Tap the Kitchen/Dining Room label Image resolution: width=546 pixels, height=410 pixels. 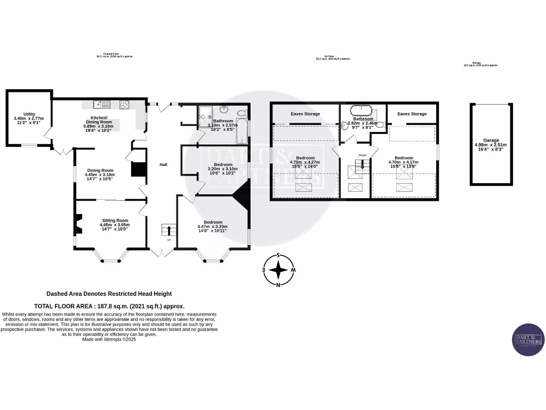pos(99,120)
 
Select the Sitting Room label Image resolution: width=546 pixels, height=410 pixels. pos(115,220)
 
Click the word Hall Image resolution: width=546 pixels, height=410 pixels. pos(163,164)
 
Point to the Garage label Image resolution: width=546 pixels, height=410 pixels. pos(491,140)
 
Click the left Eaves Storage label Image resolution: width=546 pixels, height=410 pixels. pos(306,114)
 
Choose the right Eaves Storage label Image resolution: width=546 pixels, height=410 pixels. pos(412,114)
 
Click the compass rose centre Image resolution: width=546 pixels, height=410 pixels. pos(278,270)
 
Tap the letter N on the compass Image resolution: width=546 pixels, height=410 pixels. pos(278,285)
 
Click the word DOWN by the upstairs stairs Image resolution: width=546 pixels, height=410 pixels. pos(362,155)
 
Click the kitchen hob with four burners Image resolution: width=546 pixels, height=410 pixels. pos(125,104)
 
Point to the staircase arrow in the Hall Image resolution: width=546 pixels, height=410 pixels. pos(170,231)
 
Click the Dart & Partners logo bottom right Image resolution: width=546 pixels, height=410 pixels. pos(527,339)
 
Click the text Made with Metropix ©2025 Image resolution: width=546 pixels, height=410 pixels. pos(109,339)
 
